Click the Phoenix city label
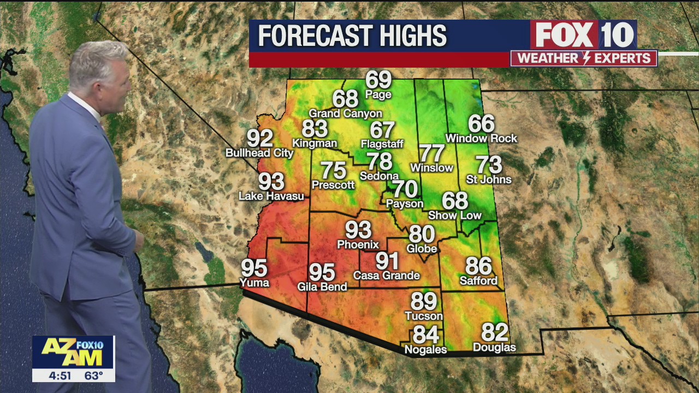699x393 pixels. point(358,244)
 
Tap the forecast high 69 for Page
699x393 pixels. point(378,80)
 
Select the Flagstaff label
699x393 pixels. point(382,144)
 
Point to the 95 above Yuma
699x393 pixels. point(254,268)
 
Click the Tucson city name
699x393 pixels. point(424,316)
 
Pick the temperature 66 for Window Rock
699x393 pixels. point(481,124)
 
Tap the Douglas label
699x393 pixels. point(494,347)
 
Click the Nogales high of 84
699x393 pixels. point(426,334)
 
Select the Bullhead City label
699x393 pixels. point(259,153)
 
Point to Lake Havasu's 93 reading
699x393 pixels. point(271,181)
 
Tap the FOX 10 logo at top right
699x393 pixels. point(583,35)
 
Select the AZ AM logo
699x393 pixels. point(73,353)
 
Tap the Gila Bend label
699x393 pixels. point(322,287)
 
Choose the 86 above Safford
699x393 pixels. point(478,266)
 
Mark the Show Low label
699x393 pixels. point(455,215)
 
